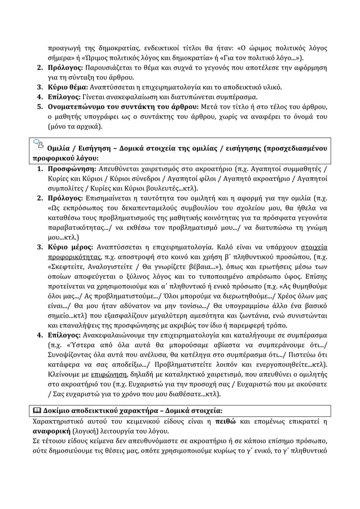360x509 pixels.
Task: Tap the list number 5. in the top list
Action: click(40, 107)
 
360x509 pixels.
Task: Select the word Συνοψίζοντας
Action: click(74, 354)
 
